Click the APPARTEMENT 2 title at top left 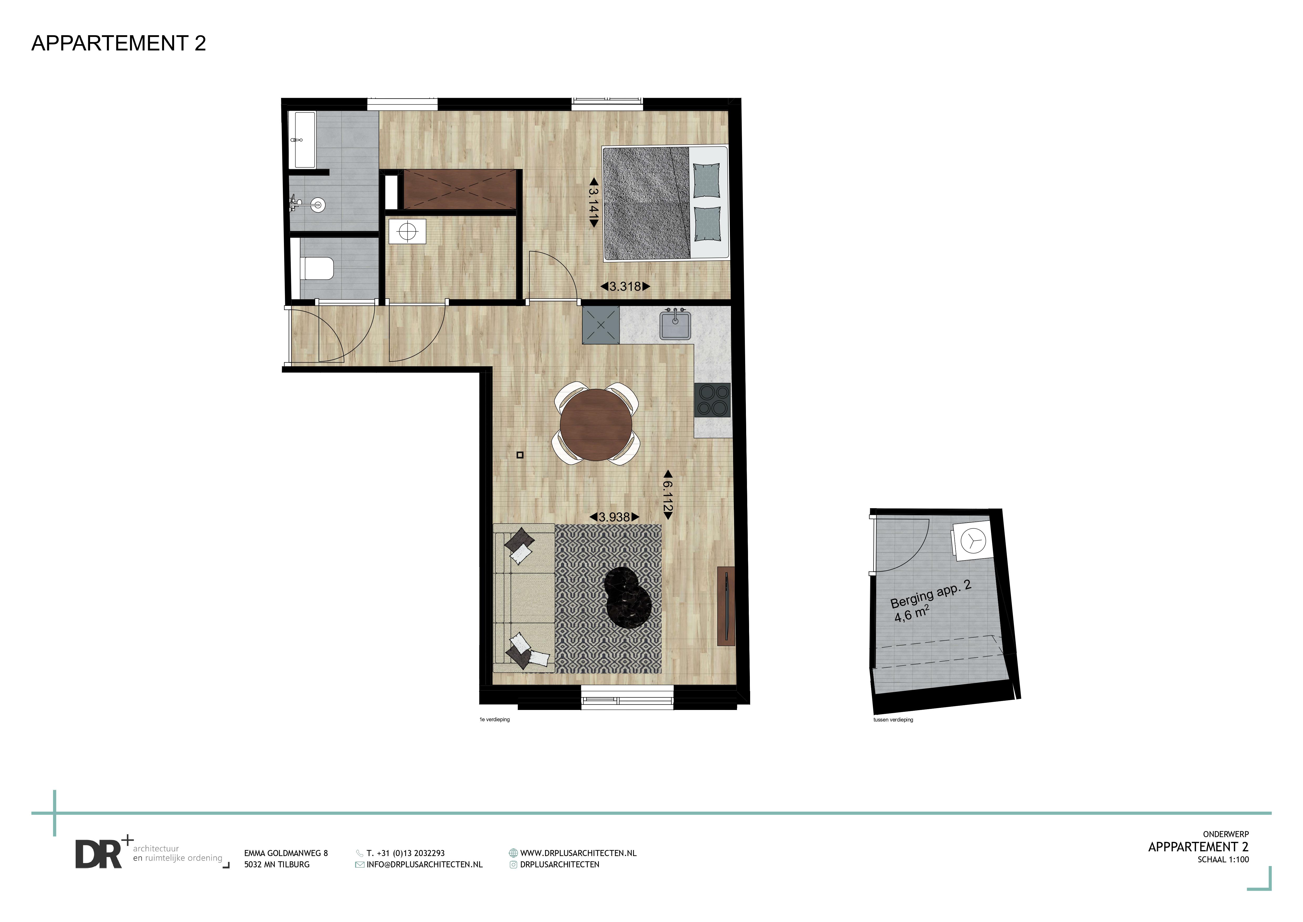pyautogui.click(x=119, y=43)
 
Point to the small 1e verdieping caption pyautogui.click(x=495, y=719)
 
